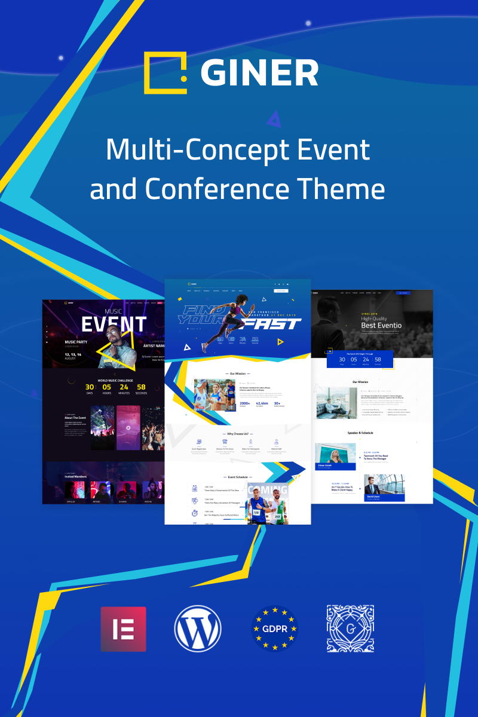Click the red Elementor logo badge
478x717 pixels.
123,629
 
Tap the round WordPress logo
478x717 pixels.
198,629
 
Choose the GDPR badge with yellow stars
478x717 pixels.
274,629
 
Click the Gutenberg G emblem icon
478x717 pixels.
350,628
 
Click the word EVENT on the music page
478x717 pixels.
114,325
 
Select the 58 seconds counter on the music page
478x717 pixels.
141,388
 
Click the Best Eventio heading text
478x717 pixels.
381,326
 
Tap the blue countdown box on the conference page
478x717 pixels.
360,359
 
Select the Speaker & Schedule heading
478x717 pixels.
360,433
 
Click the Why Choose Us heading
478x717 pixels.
238,434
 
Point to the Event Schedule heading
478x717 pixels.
238,477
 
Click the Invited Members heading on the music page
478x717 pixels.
75,476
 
